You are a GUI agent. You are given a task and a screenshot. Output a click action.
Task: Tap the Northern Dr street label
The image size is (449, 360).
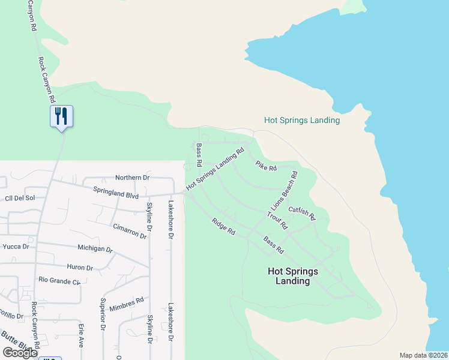133,178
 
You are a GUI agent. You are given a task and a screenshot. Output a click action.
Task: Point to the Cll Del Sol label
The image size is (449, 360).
20,197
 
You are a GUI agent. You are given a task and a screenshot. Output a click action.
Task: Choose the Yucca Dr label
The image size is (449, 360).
16,247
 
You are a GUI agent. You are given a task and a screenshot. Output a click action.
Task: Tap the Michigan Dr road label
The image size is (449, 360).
95,248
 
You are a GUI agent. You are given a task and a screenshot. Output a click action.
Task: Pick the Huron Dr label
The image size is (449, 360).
80,268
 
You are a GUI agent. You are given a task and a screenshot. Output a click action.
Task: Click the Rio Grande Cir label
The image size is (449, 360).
59,280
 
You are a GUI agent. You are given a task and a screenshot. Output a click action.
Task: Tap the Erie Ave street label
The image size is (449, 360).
81,335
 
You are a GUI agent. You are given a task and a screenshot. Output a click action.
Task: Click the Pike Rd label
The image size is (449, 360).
266,166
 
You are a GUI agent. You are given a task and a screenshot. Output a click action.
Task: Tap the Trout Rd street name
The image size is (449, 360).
278,220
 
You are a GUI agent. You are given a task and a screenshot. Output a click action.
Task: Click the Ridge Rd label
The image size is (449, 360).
223,226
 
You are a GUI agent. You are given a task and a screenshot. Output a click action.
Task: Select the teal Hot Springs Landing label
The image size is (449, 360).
302,120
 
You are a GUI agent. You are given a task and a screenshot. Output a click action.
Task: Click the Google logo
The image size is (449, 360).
20,353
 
